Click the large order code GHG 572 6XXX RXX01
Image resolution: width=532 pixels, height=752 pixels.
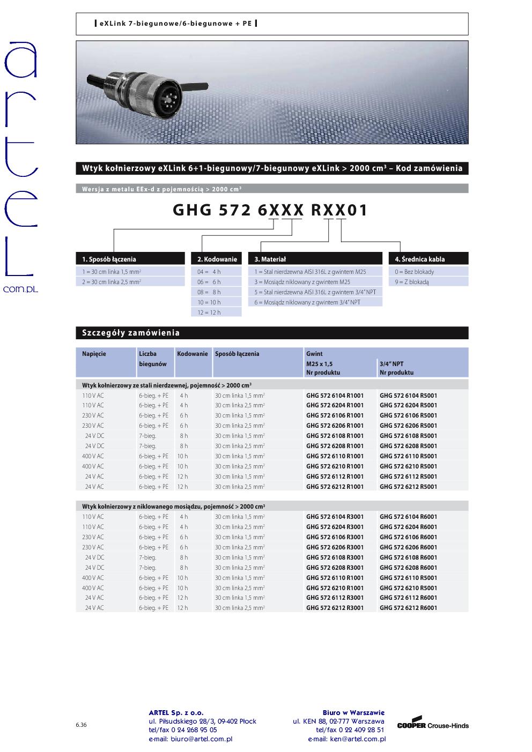270,210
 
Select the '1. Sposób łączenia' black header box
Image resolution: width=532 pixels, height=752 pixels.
130,259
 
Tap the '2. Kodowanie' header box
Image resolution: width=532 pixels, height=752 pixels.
216,259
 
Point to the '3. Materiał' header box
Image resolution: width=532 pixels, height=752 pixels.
315,259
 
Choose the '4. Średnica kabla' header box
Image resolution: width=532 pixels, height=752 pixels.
428,259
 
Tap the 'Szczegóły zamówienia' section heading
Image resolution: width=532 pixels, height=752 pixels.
131,333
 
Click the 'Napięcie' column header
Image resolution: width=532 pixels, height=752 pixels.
94,354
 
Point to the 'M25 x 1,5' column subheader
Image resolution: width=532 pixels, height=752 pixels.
320,364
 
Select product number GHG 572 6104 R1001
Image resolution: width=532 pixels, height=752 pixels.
335,395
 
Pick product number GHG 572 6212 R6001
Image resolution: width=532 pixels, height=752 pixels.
408,608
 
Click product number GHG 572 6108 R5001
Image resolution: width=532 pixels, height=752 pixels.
408,436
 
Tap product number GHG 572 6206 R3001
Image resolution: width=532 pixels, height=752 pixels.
335,547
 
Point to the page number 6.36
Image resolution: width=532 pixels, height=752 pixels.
81,725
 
